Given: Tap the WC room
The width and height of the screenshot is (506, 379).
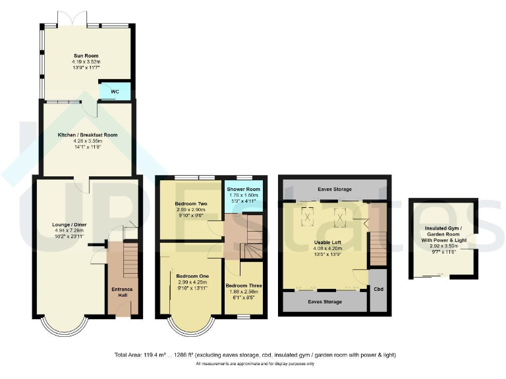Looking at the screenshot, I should [x=114, y=91].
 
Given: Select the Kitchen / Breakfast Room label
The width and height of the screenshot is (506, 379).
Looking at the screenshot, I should [x=86, y=134].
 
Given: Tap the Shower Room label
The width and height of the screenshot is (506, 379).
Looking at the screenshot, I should [x=243, y=189].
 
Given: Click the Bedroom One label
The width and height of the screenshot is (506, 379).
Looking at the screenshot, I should [x=188, y=276].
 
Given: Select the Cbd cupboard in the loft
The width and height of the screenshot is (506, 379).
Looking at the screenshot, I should [x=378, y=288].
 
